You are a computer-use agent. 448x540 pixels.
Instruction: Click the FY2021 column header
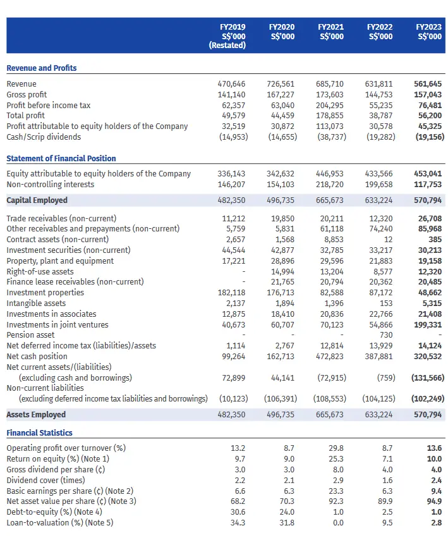330,32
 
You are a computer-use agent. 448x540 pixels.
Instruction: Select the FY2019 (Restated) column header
227,36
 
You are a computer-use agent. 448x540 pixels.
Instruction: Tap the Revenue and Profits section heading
42,68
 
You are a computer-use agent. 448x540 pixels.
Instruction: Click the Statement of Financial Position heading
61,159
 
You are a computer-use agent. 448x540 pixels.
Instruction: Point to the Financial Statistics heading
40,433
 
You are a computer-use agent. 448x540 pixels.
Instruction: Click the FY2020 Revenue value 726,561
281,83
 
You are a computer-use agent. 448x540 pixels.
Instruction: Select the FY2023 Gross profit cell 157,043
428,94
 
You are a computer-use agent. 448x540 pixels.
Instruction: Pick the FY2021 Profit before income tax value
330,105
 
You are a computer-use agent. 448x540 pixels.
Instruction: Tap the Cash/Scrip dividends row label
44,137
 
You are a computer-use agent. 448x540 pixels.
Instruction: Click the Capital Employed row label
37,200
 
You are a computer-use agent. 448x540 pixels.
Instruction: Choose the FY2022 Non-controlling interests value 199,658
378,184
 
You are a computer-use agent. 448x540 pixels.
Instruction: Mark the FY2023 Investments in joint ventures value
428,324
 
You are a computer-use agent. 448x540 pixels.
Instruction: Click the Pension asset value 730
386,334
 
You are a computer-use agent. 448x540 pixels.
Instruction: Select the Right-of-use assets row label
40,271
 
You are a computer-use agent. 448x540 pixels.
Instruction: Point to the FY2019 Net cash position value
234,356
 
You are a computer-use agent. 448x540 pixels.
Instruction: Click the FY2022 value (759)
386,377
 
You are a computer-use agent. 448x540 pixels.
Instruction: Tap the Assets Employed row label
36,414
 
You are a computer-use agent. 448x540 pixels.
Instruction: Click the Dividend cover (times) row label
45,480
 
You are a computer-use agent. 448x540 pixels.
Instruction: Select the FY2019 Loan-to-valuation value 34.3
238,522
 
